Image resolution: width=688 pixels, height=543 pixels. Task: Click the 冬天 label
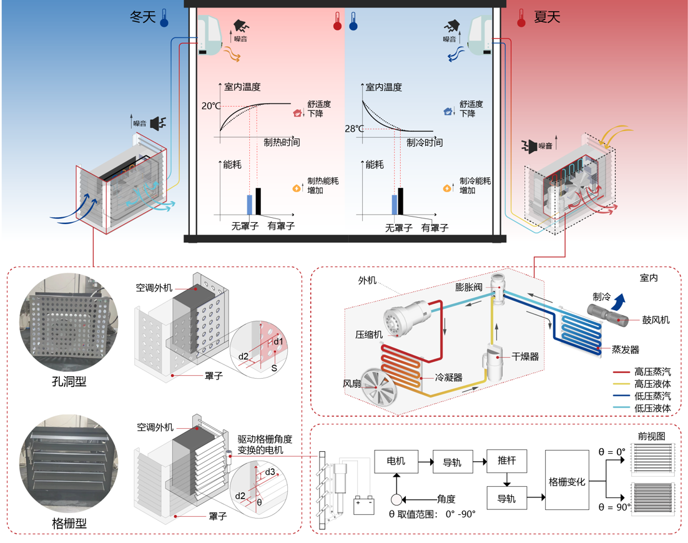142,17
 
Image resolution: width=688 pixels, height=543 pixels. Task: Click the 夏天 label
547,17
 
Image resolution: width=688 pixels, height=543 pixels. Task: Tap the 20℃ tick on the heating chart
210,106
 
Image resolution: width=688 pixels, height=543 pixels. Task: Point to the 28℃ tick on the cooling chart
354,129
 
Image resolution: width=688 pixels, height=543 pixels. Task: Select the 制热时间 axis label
282,142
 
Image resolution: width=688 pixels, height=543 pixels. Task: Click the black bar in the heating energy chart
258,200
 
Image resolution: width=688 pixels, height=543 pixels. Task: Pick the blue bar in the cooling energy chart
394,205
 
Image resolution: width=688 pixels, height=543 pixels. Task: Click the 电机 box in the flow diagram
396,462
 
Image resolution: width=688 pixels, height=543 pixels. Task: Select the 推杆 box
507,462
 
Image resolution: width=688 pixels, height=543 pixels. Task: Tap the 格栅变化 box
566,482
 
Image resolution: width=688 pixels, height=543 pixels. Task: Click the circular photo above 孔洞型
68,323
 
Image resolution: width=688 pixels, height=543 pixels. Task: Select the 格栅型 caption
69,524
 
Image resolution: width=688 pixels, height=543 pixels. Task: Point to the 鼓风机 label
656,320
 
